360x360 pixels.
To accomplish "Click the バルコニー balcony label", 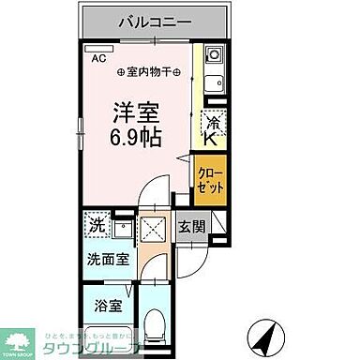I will pyautogui.click(x=156, y=22).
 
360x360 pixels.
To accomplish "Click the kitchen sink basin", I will pyautogui.click(x=212, y=82).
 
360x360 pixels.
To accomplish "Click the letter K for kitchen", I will pyautogui.click(x=212, y=139).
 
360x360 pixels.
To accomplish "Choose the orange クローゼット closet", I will pyautogui.click(x=210, y=178).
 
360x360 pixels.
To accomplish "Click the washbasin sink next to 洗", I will pyautogui.click(x=122, y=228).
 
